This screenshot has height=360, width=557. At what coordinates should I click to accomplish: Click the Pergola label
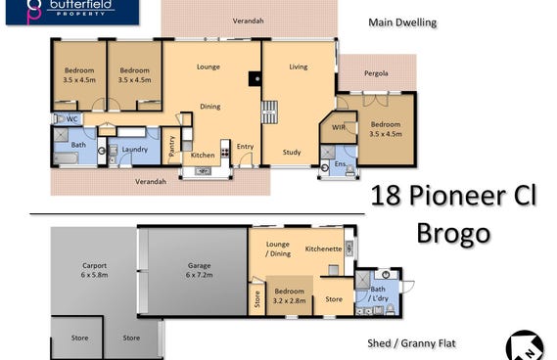[x=376, y=73]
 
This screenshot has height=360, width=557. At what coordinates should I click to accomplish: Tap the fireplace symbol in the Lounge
[x=255, y=78]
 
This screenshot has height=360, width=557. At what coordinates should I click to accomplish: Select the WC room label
[x=72, y=119]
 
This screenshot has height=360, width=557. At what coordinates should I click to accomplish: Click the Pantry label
[x=172, y=146]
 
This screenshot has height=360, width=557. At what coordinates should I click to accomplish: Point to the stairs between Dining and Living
[x=269, y=112]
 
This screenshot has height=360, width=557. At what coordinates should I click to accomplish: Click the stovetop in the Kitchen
[x=225, y=152]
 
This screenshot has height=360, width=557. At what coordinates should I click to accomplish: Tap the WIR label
[x=338, y=127]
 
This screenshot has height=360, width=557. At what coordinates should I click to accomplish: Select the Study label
[x=292, y=153]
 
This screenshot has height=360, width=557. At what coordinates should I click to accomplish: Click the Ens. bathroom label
[x=341, y=164]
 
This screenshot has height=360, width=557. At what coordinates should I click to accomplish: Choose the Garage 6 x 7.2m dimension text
[x=200, y=275]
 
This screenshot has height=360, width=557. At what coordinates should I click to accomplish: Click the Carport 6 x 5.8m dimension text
[x=95, y=275]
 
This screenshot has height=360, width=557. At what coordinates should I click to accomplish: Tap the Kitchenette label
[x=323, y=248]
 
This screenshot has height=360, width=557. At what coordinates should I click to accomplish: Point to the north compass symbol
[x=525, y=346]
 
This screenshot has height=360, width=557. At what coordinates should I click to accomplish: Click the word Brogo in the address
[x=453, y=233]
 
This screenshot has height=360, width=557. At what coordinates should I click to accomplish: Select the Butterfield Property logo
[x=72, y=12]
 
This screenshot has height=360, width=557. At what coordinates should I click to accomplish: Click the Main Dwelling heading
[x=402, y=22]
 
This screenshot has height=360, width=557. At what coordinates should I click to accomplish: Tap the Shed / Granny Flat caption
[x=411, y=343]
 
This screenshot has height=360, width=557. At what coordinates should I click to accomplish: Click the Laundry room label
[x=135, y=150]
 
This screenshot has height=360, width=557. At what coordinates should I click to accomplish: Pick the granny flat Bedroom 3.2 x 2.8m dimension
[x=289, y=300]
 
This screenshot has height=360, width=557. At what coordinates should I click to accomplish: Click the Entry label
[x=245, y=147]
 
